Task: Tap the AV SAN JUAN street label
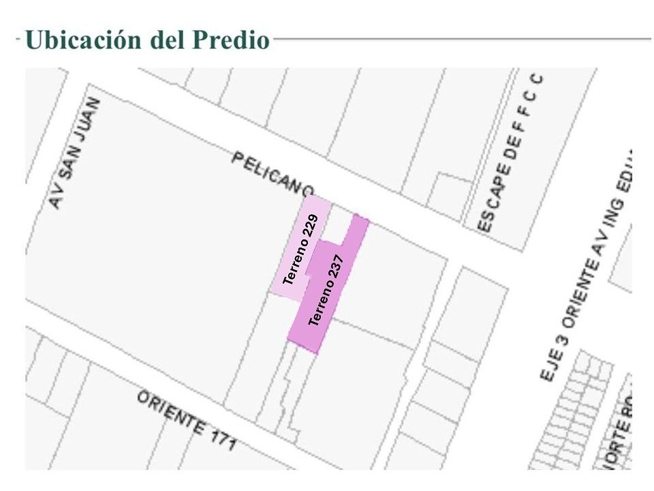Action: [75, 153]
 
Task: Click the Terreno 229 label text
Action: [300, 249]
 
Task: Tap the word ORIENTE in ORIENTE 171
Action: [170, 413]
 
